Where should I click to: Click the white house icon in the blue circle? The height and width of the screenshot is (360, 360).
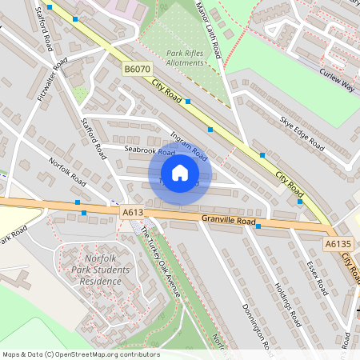click(x=180, y=173)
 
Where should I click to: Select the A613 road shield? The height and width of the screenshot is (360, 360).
click(x=133, y=212)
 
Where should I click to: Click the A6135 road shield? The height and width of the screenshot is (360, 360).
click(x=338, y=243)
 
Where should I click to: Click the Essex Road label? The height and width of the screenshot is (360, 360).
click(x=317, y=277)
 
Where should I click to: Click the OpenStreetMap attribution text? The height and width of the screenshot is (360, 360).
click(x=69, y=354)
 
